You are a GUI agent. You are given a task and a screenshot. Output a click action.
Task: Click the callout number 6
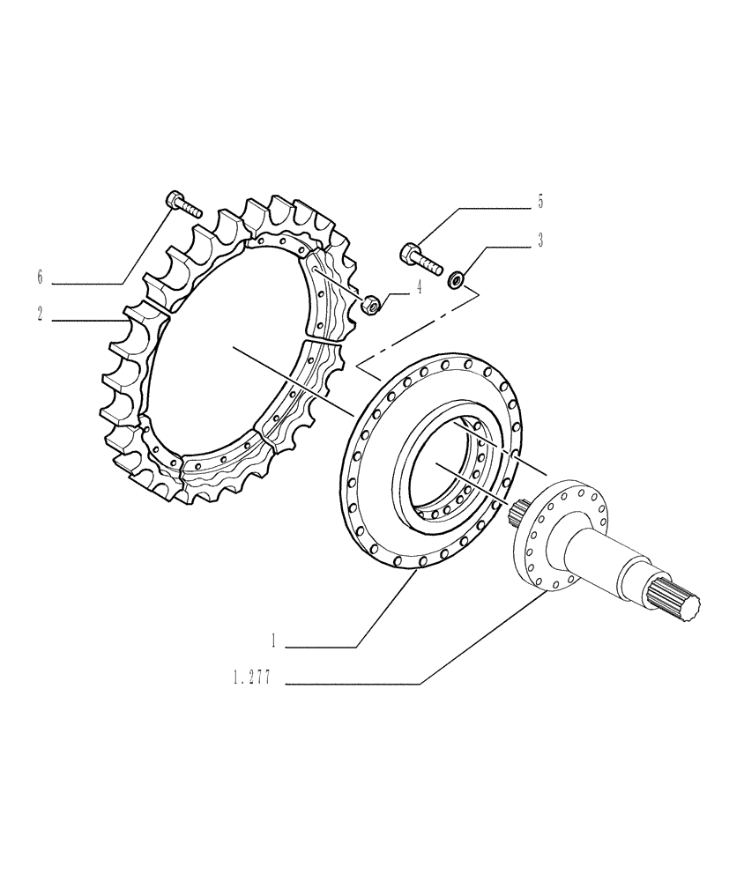point(40,278)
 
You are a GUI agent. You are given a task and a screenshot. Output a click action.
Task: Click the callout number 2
point(40,315)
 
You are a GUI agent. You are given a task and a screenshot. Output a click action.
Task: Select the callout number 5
point(540,202)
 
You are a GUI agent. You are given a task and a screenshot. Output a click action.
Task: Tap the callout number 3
point(540,241)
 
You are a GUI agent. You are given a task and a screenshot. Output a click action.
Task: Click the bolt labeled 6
point(183,205)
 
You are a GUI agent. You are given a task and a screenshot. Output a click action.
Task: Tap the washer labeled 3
point(457,281)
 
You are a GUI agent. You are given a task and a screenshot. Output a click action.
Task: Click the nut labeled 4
point(372,306)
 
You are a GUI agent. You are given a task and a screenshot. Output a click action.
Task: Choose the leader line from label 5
point(476,208)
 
